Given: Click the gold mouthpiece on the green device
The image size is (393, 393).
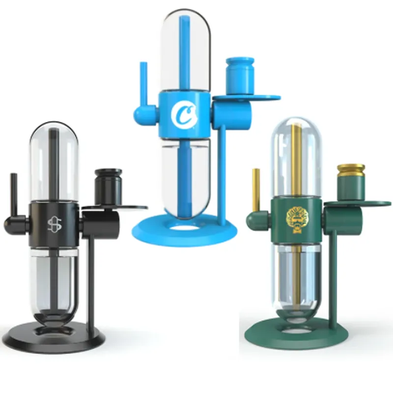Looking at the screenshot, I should pos(256,189).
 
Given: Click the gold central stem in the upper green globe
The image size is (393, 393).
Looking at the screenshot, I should pos(295,157).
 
